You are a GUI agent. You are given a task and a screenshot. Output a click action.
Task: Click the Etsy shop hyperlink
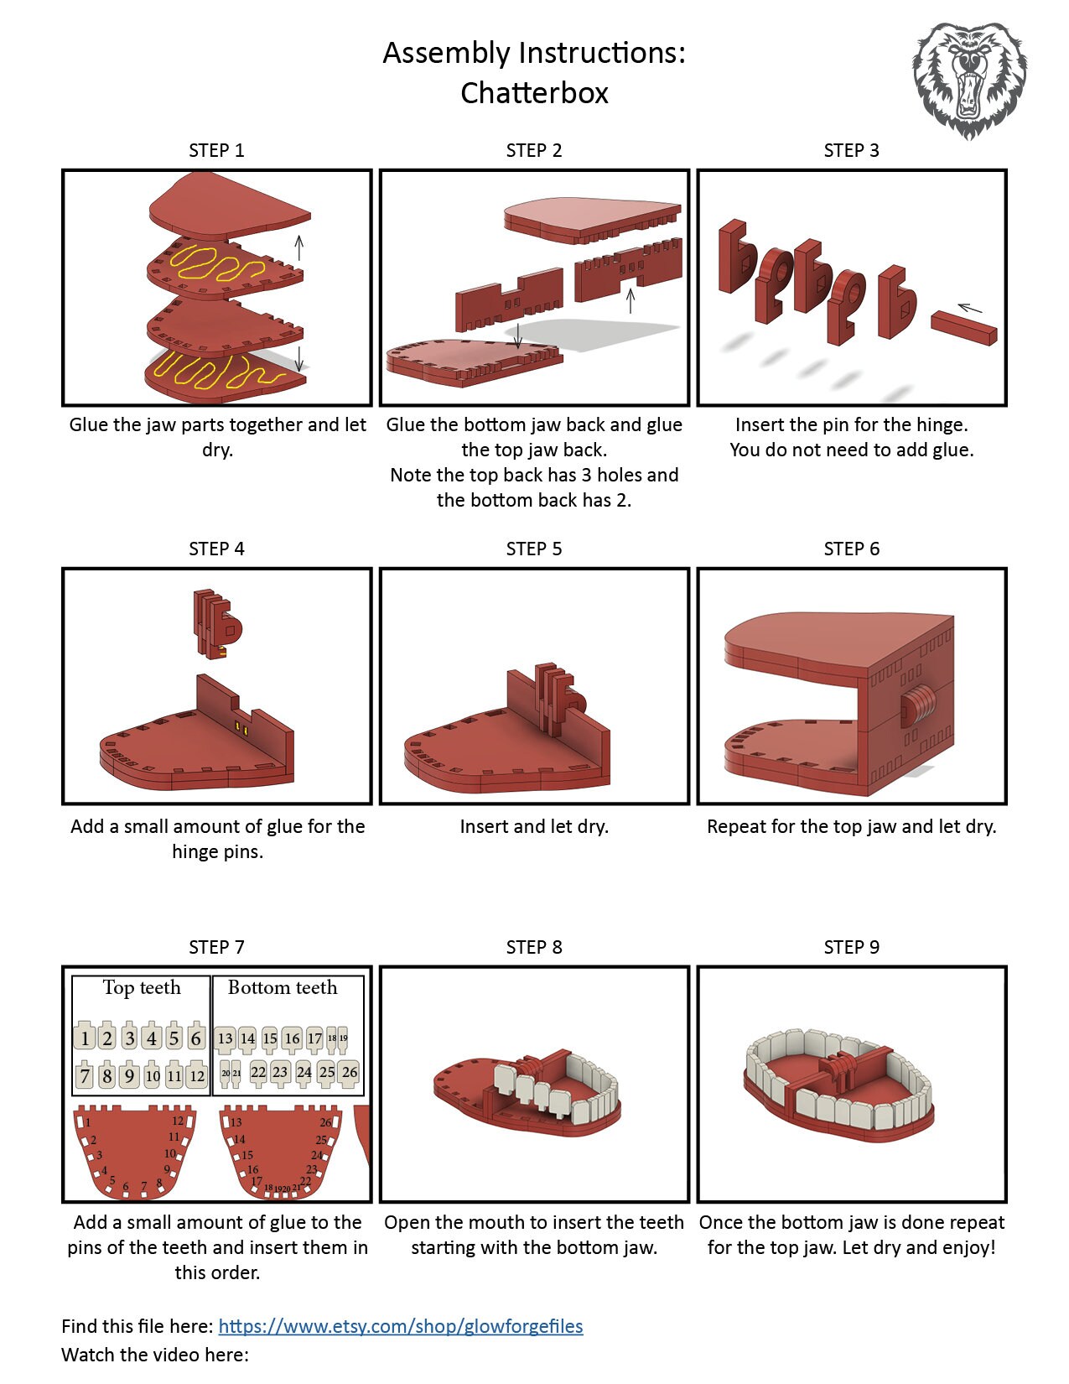click(x=400, y=1326)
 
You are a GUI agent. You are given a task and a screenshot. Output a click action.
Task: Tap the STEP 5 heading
click(x=533, y=549)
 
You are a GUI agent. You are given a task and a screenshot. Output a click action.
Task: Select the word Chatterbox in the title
click(x=534, y=92)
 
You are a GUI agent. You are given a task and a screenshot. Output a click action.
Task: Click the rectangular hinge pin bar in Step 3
click(x=963, y=327)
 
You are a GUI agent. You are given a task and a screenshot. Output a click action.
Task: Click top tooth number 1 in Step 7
click(x=84, y=1038)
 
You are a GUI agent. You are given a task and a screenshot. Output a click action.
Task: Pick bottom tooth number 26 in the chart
click(x=350, y=1072)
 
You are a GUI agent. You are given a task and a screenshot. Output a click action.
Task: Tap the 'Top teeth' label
click(x=141, y=988)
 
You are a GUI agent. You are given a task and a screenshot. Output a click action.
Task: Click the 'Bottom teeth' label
click(x=283, y=988)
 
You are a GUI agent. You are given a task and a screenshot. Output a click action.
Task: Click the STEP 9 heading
click(x=851, y=947)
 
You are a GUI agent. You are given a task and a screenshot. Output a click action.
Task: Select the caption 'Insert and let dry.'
click(x=534, y=826)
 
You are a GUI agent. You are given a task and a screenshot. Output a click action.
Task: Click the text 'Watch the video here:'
click(x=155, y=1355)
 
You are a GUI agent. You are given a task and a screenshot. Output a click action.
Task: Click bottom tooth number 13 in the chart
click(x=225, y=1038)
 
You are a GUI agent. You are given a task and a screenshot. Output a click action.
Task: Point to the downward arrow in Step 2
click(x=518, y=335)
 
